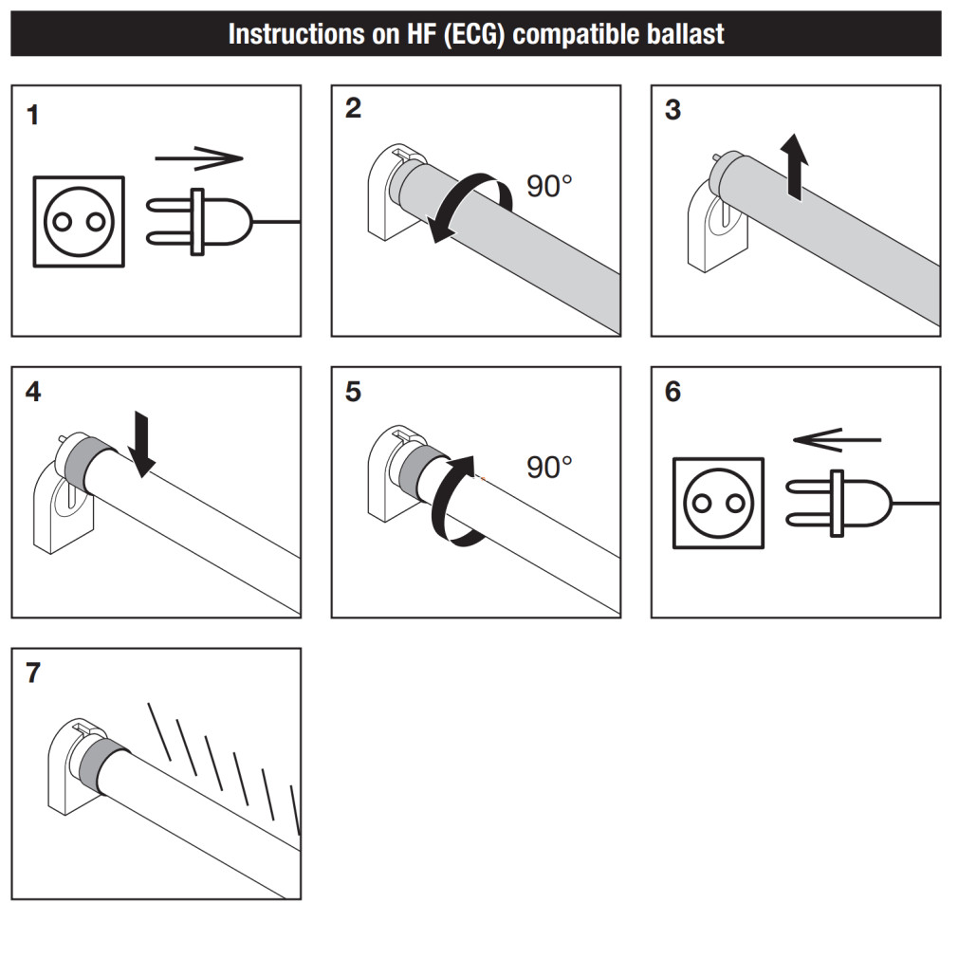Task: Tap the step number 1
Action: click(x=33, y=116)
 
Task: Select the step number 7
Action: click(x=33, y=673)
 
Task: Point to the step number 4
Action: click(x=33, y=392)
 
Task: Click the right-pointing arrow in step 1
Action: click(x=198, y=158)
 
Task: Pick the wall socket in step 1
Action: click(x=79, y=221)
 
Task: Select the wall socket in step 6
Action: click(x=718, y=503)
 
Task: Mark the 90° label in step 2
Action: click(x=550, y=186)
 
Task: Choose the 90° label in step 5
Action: click(x=550, y=467)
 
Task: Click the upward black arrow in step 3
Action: click(x=795, y=164)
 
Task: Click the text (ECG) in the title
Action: click(x=473, y=35)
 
